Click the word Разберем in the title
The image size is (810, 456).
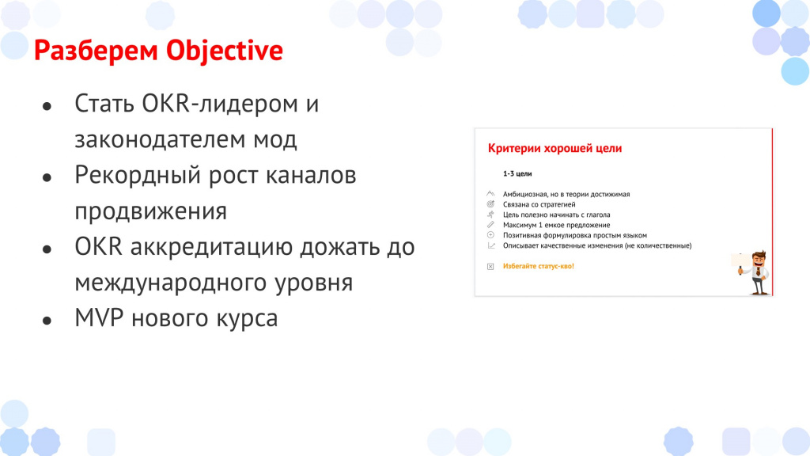[96, 51]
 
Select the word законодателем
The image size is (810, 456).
[160, 139]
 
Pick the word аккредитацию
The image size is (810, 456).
[211, 248]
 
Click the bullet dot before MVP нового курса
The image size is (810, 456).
[47, 321]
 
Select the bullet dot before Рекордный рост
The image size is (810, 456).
[47, 178]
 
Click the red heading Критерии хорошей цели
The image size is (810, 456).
[555, 149]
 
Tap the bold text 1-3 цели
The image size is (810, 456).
[517, 173]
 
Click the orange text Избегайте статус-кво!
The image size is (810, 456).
[538, 266]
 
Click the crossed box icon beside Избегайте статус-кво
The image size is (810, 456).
[490, 266]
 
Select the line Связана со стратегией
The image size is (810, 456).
[539, 204]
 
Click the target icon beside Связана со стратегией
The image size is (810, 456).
[490, 204]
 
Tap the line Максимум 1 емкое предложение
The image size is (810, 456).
[556, 225]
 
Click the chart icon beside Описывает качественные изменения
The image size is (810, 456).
[490, 245]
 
